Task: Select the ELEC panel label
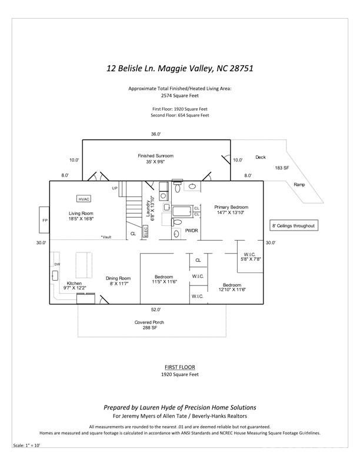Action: (146, 231)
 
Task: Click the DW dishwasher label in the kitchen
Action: (57, 264)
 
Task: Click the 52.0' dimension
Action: (156, 309)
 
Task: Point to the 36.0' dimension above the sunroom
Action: (155, 134)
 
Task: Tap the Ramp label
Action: (299, 184)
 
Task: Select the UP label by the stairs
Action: (115, 188)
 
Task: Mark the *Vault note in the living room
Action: (106, 237)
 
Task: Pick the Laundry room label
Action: (150, 207)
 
